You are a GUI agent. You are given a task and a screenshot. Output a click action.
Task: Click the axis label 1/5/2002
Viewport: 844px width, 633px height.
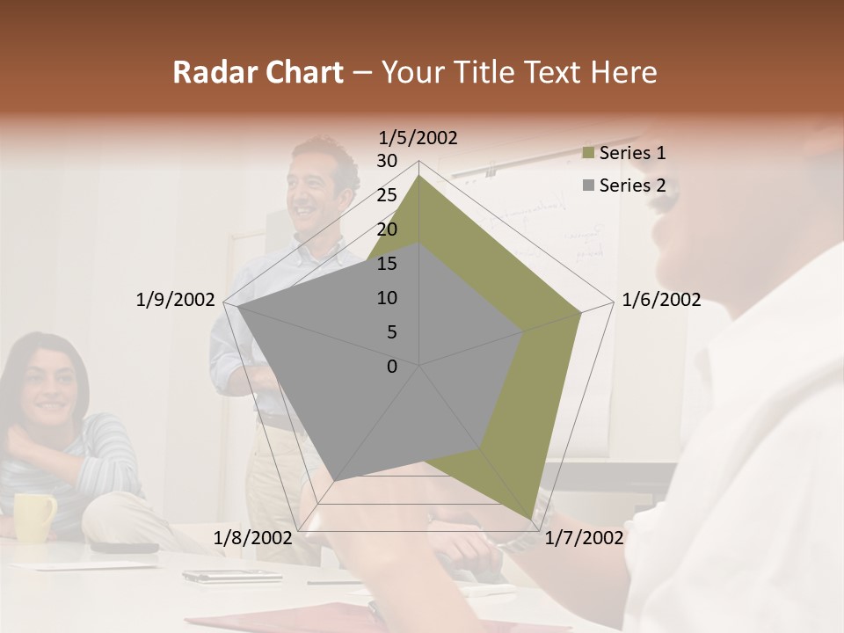click(418, 137)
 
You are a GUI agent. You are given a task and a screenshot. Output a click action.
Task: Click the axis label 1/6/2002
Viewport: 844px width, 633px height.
click(661, 300)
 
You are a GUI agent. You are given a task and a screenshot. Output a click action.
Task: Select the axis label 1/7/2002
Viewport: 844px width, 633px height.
click(584, 538)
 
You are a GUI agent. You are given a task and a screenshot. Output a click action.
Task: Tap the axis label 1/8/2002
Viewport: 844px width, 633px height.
click(252, 538)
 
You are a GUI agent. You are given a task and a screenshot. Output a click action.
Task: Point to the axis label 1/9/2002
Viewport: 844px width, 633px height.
click(175, 300)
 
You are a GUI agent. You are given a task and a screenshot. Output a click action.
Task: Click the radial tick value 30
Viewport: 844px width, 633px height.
click(387, 161)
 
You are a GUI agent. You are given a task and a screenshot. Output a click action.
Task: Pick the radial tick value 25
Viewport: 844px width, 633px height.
click(387, 195)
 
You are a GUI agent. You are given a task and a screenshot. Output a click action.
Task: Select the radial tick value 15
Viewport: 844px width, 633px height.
click(387, 264)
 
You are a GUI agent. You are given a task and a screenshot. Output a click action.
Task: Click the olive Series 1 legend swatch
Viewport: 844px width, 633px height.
click(589, 154)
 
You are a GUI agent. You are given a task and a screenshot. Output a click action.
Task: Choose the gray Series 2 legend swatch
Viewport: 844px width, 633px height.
click(589, 186)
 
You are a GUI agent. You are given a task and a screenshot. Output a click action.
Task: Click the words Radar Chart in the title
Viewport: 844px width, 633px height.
click(258, 72)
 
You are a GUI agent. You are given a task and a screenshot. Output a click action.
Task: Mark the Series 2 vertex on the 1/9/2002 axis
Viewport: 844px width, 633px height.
click(238, 307)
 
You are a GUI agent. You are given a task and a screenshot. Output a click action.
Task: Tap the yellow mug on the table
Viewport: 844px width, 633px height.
click(34, 517)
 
